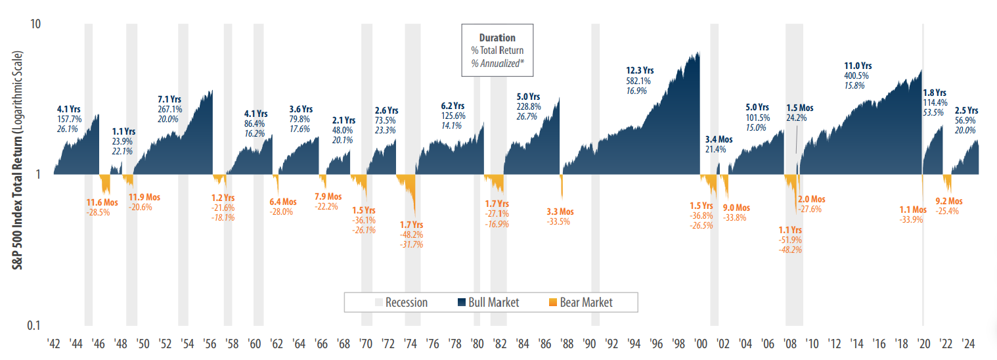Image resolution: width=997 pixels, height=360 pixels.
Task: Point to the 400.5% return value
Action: click(x=856, y=76)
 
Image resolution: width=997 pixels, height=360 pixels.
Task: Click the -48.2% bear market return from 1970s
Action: click(x=412, y=235)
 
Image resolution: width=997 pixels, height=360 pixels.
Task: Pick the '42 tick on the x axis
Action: click(x=54, y=344)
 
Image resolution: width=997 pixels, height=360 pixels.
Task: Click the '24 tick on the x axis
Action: click(x=968, y=344)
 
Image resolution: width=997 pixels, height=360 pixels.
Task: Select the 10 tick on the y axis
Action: click(x=35, y=24)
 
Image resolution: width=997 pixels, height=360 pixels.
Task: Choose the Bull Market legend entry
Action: click(x=489, y=302)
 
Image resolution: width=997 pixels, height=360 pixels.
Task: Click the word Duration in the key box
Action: click(x=497, y=38)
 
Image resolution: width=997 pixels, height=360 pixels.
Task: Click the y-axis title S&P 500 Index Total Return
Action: click(x=12, y=175)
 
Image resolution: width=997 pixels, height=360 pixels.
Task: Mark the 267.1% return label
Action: click(x=170, y=108)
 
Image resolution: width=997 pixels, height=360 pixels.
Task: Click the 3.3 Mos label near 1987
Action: click(x=560, y=212)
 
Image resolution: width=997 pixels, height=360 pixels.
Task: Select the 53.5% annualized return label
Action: click(x=935, y=112)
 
